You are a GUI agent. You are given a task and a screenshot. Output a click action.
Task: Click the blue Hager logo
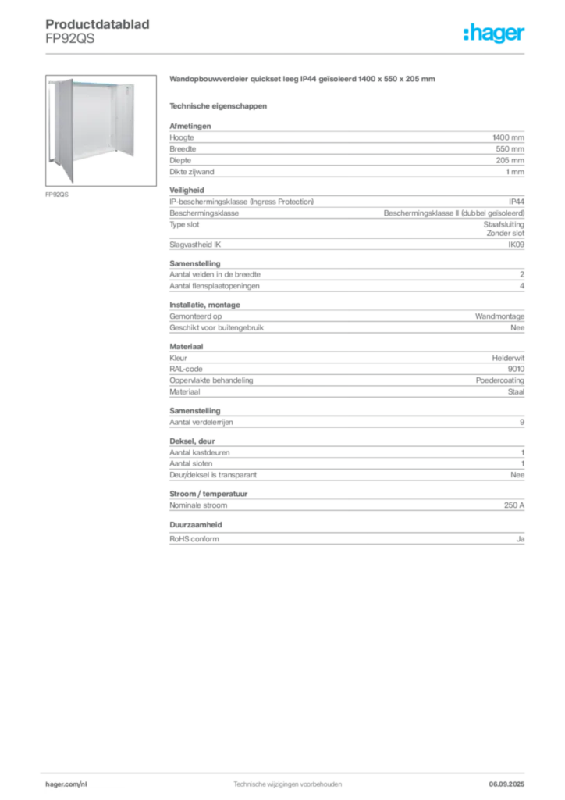pos(495,34)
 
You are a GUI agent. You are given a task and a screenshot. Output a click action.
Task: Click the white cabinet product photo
pos(91,129)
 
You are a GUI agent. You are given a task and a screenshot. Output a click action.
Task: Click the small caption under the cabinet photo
pos(59,195)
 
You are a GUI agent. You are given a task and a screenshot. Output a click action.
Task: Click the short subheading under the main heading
pos(219,105)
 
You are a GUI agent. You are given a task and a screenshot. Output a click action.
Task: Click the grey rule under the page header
pos(286,54)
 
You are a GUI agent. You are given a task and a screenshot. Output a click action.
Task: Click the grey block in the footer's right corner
pos(511,781)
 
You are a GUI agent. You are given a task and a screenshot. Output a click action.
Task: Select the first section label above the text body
pos(189,123)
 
